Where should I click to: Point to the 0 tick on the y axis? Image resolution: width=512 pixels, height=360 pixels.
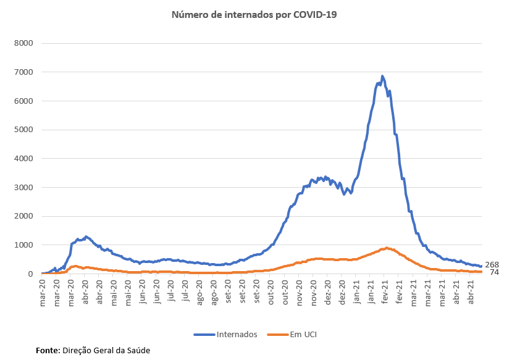[x=30, y=274]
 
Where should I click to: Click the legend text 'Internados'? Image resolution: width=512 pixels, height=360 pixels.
[x=237, y=334]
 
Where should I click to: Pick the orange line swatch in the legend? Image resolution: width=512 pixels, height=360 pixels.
[x=277, y=334]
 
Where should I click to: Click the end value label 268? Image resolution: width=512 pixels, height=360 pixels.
[x=492, y=265]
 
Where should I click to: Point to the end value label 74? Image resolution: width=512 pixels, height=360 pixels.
[x=494, y=272]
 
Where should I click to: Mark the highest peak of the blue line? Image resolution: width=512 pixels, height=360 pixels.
[x=382, y=77]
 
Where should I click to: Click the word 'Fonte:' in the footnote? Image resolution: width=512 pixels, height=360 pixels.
[x=48, y=350]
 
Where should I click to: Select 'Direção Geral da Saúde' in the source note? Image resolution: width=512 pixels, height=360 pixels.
[x=106, y=350]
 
